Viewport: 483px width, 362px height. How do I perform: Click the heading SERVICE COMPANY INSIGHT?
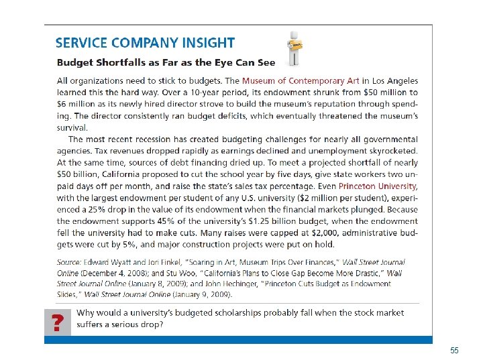(145, 43)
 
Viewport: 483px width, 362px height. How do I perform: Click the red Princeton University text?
(378, 186)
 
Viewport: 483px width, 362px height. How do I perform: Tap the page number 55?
(454, 351)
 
